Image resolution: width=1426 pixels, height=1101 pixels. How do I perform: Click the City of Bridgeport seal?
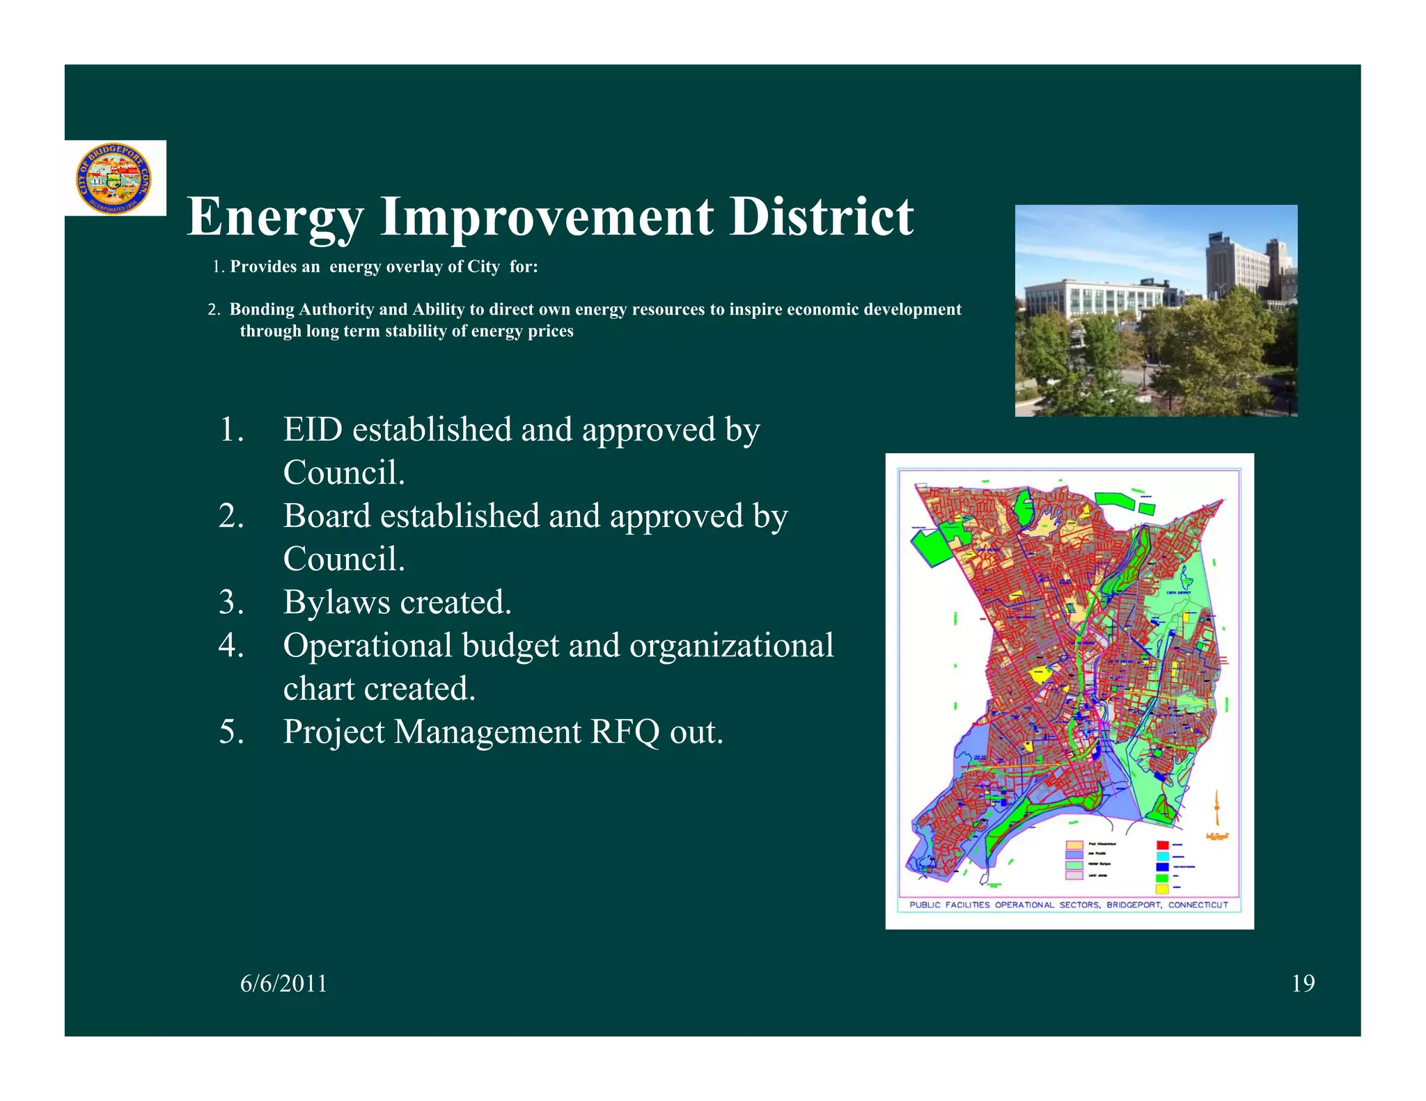coord(113,179)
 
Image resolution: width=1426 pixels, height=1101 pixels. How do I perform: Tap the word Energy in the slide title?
coord(275,217)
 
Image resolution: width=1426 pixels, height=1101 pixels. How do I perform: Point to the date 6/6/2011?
coord(283,983)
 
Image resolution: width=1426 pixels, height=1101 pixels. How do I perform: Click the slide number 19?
coord(1303,983)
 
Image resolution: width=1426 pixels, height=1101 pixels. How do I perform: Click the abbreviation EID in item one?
coord(313,429)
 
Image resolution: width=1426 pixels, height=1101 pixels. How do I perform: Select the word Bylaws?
coord(336,602)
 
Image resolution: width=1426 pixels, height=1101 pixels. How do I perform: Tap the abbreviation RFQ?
coord(625,731)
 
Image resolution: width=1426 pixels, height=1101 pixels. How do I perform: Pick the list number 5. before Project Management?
coord(231,731)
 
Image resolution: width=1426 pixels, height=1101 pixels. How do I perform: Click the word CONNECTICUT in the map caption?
coord(1198,905)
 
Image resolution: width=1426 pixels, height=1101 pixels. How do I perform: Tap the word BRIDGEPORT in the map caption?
coord(1133,905)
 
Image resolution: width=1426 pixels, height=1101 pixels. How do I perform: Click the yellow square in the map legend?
coord(1162,889)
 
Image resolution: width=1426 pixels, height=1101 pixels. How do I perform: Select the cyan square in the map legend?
coord(1162,855)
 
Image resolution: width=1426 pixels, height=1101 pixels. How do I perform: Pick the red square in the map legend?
coord(1162,845)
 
